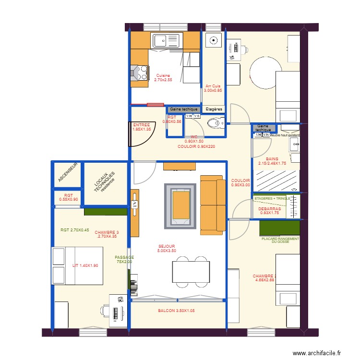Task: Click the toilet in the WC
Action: coord(214,124)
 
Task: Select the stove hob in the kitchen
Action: coord(139,73)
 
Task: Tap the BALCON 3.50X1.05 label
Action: coord(176,311)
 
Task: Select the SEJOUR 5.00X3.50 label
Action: coord(167,248)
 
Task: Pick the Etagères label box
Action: coord(214,109)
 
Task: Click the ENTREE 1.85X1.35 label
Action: coord(142,127)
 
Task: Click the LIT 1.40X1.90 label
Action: coord(85,265)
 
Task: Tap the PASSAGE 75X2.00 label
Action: coord(124,259)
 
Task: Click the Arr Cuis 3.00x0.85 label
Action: coord(213,88)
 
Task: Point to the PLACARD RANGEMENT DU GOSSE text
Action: coord(280,240)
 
